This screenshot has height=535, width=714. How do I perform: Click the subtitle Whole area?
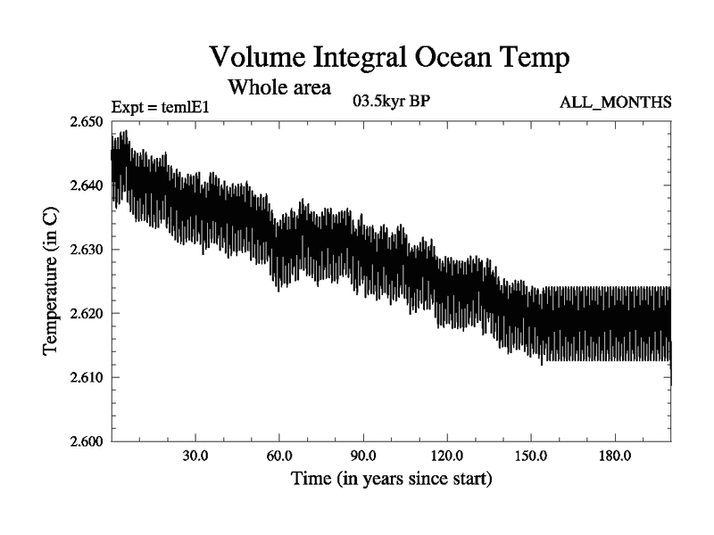[280, 87]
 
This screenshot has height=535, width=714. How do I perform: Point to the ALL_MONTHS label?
[615, 103]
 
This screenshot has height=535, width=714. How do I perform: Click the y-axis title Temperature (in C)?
[52, 281]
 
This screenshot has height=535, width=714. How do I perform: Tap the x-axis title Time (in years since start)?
[391, 479]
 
